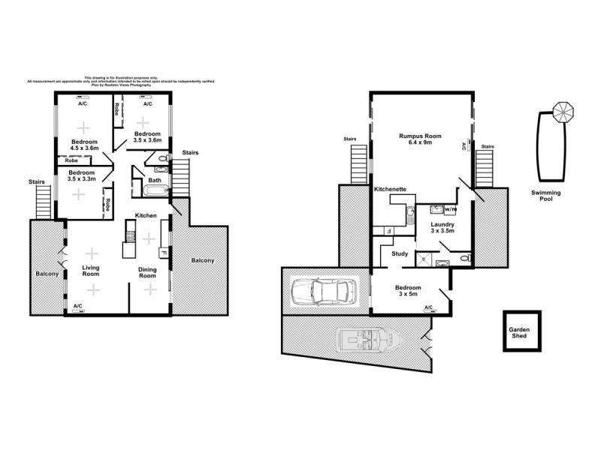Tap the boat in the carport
[x=368, y=340]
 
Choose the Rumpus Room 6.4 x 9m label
[x=420, y=139]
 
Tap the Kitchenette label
[x=391, y=190]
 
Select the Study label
[x=400, y=253]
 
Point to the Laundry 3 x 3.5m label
[x=443, y=227]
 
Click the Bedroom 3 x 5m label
[x=409, y=290]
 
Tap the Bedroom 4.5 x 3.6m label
[x=84, y=145]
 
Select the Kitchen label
[x=146, y=216]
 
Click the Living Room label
[x=90, y=270]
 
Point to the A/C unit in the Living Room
[x=78, y=308]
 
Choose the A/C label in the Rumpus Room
[x=464, y=147]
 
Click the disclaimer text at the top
[x=122, y=81]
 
